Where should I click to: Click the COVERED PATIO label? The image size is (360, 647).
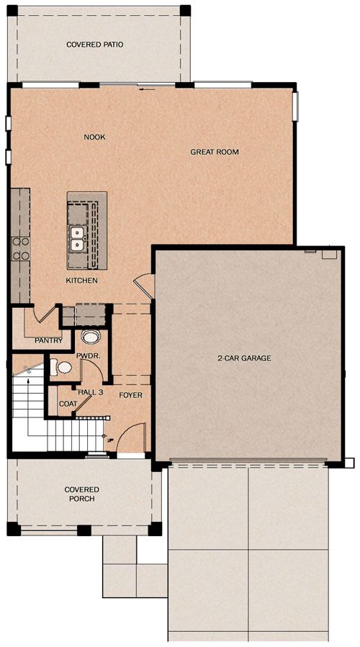click(x=94, y=45)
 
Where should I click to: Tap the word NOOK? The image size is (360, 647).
click(x=94, y=137)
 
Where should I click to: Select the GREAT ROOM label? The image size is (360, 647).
click(x=215, y=152)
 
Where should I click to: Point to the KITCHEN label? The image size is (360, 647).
click(x=82, y=281)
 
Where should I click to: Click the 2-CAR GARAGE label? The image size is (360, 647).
click(x=244, y=358)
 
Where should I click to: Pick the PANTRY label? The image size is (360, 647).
click(x=48, y=340)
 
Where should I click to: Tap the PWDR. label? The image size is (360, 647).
click(x=86, y=356)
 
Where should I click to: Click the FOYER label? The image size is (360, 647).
click(x=130, y=395)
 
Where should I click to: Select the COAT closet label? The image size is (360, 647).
click(x=67, y=404)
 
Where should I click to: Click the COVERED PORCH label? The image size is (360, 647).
click(x=82, y=494)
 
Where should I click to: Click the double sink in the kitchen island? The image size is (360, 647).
click(x=76, y=239)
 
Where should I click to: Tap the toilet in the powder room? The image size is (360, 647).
click(x=61, y=367)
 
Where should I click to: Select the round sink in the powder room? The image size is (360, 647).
click(x=90, y=337)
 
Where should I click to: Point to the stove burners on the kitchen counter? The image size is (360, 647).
click(x=20, y=249)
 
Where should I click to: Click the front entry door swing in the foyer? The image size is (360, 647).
click(x=131, y=438)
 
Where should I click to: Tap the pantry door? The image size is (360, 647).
click(x=47, y=315)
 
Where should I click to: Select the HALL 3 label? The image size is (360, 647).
click(x=91, y=392)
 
